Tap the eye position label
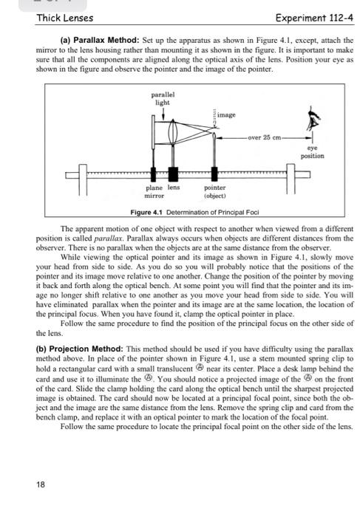pyautogui.click(x=314, y=152)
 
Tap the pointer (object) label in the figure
pyautogui.click(x=214, y=193)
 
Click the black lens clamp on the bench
pyautogui.click(x=173, y=174)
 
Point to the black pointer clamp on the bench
pyautogui.click(x=214, y=174)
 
